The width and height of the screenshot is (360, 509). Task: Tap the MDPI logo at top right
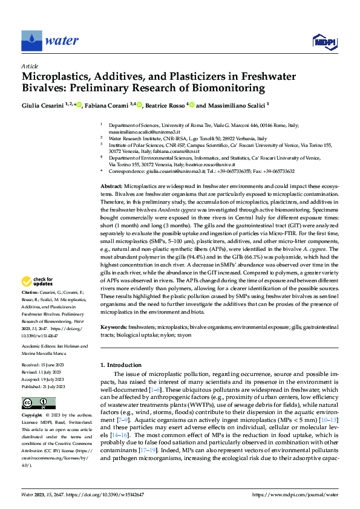[x=322, y=41]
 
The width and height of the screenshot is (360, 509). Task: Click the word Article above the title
[x=30, y=66]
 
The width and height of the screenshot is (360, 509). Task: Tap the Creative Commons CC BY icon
[x=38, y=403]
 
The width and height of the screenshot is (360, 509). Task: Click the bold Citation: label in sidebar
[x=31, y=292]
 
